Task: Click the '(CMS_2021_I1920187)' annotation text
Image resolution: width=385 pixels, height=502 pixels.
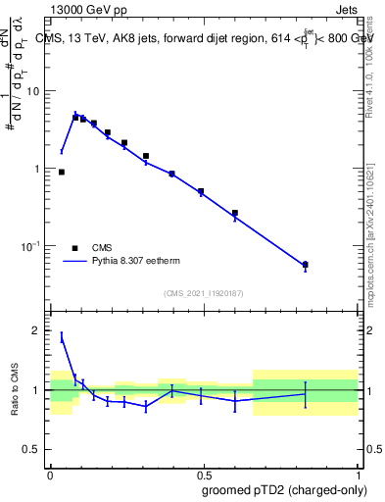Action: [x=203, y=292]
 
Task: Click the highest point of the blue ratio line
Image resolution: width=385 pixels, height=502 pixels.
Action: [x=62, y=335]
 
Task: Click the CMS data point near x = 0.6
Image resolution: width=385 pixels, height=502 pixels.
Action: [x=235, y=213]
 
